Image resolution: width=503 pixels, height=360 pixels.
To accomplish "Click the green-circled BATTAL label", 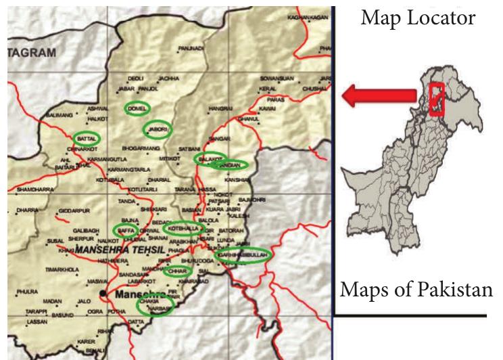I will [x=86, y=138].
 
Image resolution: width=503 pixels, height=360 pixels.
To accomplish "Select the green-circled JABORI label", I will [x=158, y=129].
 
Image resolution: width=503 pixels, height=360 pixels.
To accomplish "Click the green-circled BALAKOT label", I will [x=206, y=158].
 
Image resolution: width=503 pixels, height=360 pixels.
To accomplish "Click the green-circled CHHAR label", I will [x=176, y=271].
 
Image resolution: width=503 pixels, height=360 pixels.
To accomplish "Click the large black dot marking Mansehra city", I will [x=102, y=294].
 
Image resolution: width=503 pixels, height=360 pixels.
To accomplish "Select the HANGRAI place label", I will [x=220, y=108].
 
